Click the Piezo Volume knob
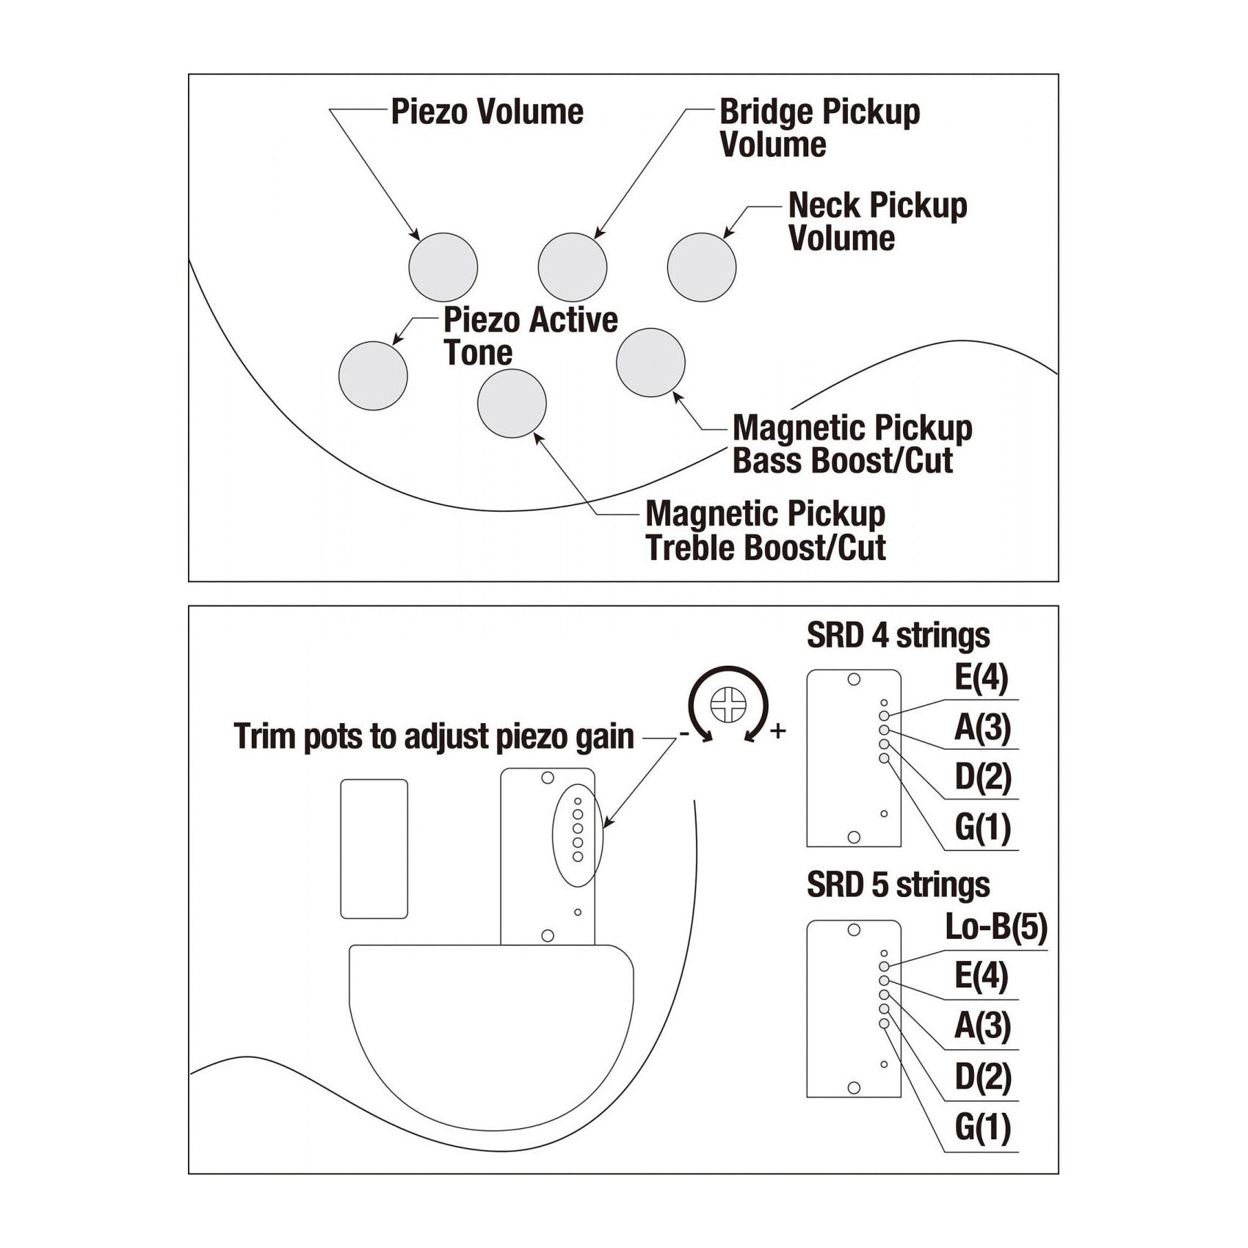443,266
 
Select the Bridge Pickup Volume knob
572,267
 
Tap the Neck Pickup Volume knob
701,267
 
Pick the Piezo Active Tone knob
373,376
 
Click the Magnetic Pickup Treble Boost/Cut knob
512,403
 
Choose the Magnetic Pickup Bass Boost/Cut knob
650,363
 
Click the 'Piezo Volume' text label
487,112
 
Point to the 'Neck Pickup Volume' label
877,222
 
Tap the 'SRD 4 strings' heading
898,636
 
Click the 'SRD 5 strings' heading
898,885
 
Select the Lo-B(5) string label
995,928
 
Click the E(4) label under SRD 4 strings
981,678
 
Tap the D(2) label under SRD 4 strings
982,777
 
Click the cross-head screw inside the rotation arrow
727,705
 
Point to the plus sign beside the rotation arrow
777,730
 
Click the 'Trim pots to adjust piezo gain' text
434,736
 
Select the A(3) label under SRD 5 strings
982,1026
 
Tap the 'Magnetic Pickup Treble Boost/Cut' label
765,531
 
